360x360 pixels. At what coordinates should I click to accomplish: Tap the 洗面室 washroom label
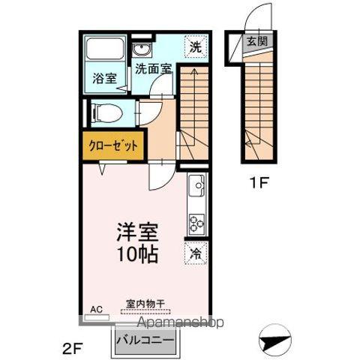(154, 68)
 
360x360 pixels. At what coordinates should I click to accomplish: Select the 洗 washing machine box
(194, 45)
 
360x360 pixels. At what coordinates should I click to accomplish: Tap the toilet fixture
(106, 113)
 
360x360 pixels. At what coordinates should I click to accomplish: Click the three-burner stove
(196, 222)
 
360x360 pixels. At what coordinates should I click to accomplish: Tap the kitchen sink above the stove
(196, 184)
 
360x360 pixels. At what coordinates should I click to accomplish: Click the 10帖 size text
(135, 254)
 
